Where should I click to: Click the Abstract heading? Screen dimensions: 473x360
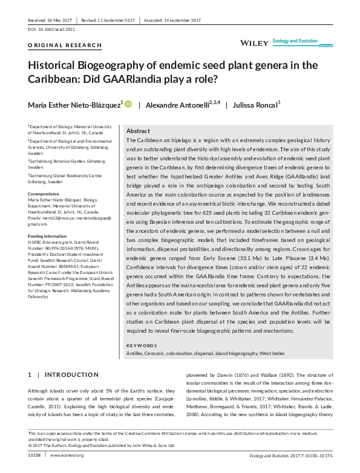coord(138,131)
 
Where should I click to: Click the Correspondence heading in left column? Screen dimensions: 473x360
coord(45,194)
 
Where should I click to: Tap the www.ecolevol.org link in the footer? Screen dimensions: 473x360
coord(68,455)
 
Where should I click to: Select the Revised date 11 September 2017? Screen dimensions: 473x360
coord(118,21)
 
